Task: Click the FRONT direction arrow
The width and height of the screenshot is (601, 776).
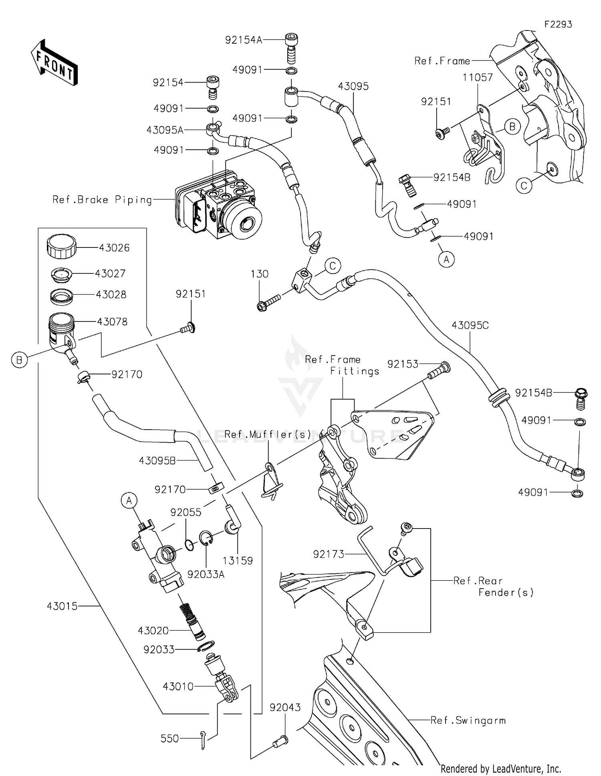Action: click(54, 63)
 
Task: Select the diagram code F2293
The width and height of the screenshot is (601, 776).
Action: click(558, 24)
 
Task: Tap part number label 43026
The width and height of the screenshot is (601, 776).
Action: click(114, 248)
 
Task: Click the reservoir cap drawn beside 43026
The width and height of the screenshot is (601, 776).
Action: click(61, 246)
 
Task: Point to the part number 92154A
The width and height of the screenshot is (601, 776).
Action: click(243, 40)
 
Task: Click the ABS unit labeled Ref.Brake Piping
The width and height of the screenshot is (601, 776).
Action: click(218, 206)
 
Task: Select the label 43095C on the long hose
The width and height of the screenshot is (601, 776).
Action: click(470, 325)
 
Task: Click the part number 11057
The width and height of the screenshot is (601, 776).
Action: click(478, 77)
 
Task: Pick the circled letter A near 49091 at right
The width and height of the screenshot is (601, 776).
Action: click(446, 260)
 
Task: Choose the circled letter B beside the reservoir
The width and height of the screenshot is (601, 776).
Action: click(19, 360)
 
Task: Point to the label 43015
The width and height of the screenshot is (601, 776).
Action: click(62, 606)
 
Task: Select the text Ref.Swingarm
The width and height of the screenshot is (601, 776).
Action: click(468, 720)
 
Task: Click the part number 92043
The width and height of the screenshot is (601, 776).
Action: click(285, 708)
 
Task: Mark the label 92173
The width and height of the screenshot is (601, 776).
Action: click(329, 554)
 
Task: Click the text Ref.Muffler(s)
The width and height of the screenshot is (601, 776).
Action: click(268, 434)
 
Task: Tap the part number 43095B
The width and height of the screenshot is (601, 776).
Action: click(157, 461)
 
